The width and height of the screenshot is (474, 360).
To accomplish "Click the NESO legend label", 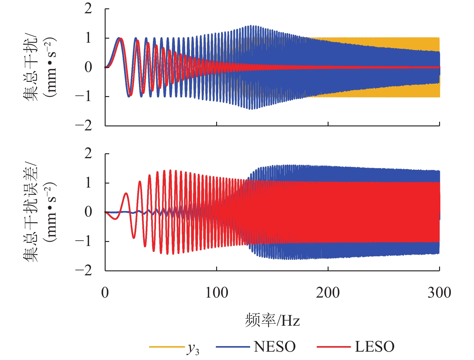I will click(x=275, y=347).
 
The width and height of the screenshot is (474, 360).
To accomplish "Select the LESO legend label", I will click(x=374, y=347).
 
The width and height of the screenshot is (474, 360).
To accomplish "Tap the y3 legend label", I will click(x=193, y=348).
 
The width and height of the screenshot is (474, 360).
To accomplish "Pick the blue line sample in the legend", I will click(x=233, y=347).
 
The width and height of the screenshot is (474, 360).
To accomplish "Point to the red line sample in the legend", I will click(x=333, y=347).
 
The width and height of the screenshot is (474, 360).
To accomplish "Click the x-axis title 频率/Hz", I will click(x=272, y=320).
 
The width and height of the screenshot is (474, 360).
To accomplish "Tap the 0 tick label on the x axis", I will click(x=105, y=292).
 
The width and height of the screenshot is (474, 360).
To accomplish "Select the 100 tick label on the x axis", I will click(x=216, y=292).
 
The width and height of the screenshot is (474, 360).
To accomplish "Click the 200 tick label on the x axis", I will click(x=328, y=292).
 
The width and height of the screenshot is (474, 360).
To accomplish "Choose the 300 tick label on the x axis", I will click(x=439, y=292).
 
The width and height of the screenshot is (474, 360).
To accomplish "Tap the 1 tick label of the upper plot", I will click(x=88, y=38).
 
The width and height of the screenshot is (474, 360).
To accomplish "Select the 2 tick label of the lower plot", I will click(x=88, y=153).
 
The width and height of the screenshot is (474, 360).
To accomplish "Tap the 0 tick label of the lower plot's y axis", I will click(x=88, y=212).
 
